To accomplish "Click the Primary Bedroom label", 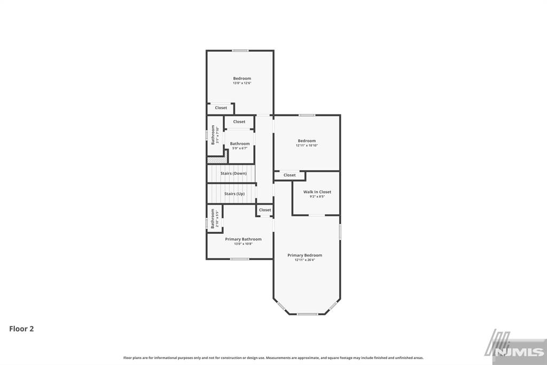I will point(304,255).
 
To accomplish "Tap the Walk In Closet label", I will point(317,192).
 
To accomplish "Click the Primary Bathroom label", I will point(243,239).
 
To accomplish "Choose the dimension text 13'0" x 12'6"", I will point(242,83).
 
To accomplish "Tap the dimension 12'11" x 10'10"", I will point(307,146).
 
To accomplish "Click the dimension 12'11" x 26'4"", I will point(304,260).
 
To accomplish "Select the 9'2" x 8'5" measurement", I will point(317,196).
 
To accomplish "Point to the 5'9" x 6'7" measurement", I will point(240,148).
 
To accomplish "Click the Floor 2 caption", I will point(21,329).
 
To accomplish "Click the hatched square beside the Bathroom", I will point(217,159).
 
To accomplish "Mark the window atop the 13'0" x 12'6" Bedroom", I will point(240,51).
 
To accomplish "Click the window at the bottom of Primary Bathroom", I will point(240,259).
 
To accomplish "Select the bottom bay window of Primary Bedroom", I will point(307,314).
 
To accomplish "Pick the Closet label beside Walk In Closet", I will point(290,175).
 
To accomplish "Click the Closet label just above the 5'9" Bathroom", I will point(239,121).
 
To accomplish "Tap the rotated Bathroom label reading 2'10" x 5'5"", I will point(214,219).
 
